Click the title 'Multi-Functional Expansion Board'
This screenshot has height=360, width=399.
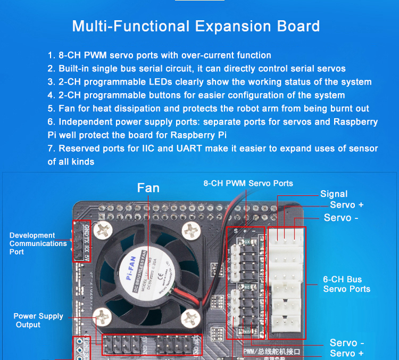196,26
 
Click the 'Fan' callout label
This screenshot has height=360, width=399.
148,188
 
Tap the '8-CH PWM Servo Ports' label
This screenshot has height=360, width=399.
248,183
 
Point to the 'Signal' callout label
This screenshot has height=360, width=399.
334,194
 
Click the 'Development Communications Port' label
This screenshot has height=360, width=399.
38,243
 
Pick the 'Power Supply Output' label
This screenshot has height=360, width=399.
38,320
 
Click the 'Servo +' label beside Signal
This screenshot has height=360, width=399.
347,205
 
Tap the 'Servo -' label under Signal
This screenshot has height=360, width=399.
341,218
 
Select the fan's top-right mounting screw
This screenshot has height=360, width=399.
189,230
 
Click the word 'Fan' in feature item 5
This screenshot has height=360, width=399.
67,109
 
